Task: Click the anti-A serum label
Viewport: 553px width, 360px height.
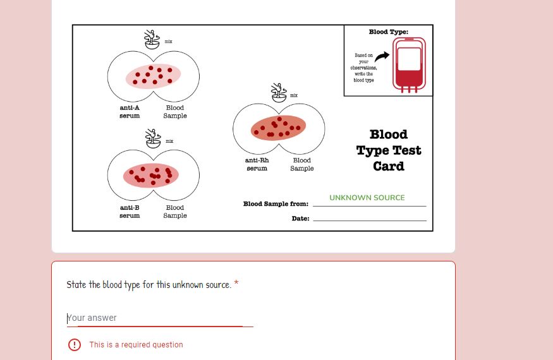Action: (130, 112)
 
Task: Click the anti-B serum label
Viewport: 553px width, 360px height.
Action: (130, 212)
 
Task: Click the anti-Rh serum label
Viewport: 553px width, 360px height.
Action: (257, 164)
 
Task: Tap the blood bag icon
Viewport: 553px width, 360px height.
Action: (408, 65)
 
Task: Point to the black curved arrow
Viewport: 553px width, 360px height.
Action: (382, 57)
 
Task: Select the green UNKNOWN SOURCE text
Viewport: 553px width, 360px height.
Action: (367, 198)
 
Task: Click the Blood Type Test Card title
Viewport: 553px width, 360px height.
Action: (388, 150)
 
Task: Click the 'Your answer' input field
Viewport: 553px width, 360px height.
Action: (159, 318)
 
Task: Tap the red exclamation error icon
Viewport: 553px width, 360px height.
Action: (75, 345)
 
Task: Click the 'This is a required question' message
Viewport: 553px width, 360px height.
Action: (136, 345)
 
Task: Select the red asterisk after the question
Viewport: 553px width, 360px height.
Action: (236, 284)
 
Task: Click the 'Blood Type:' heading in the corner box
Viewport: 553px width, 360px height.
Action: (388, 32)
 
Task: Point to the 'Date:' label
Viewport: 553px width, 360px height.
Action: (300, 219)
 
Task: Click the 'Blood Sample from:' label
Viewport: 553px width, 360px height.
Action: (276, 204)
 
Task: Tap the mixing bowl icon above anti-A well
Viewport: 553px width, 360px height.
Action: (152, 40)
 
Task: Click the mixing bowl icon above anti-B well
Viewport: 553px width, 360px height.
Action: (152, 139)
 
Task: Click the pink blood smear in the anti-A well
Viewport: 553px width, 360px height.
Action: (154, 76)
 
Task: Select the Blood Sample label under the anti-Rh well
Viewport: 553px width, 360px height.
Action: (301, 164)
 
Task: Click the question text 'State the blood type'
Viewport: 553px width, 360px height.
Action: (149, 285)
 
